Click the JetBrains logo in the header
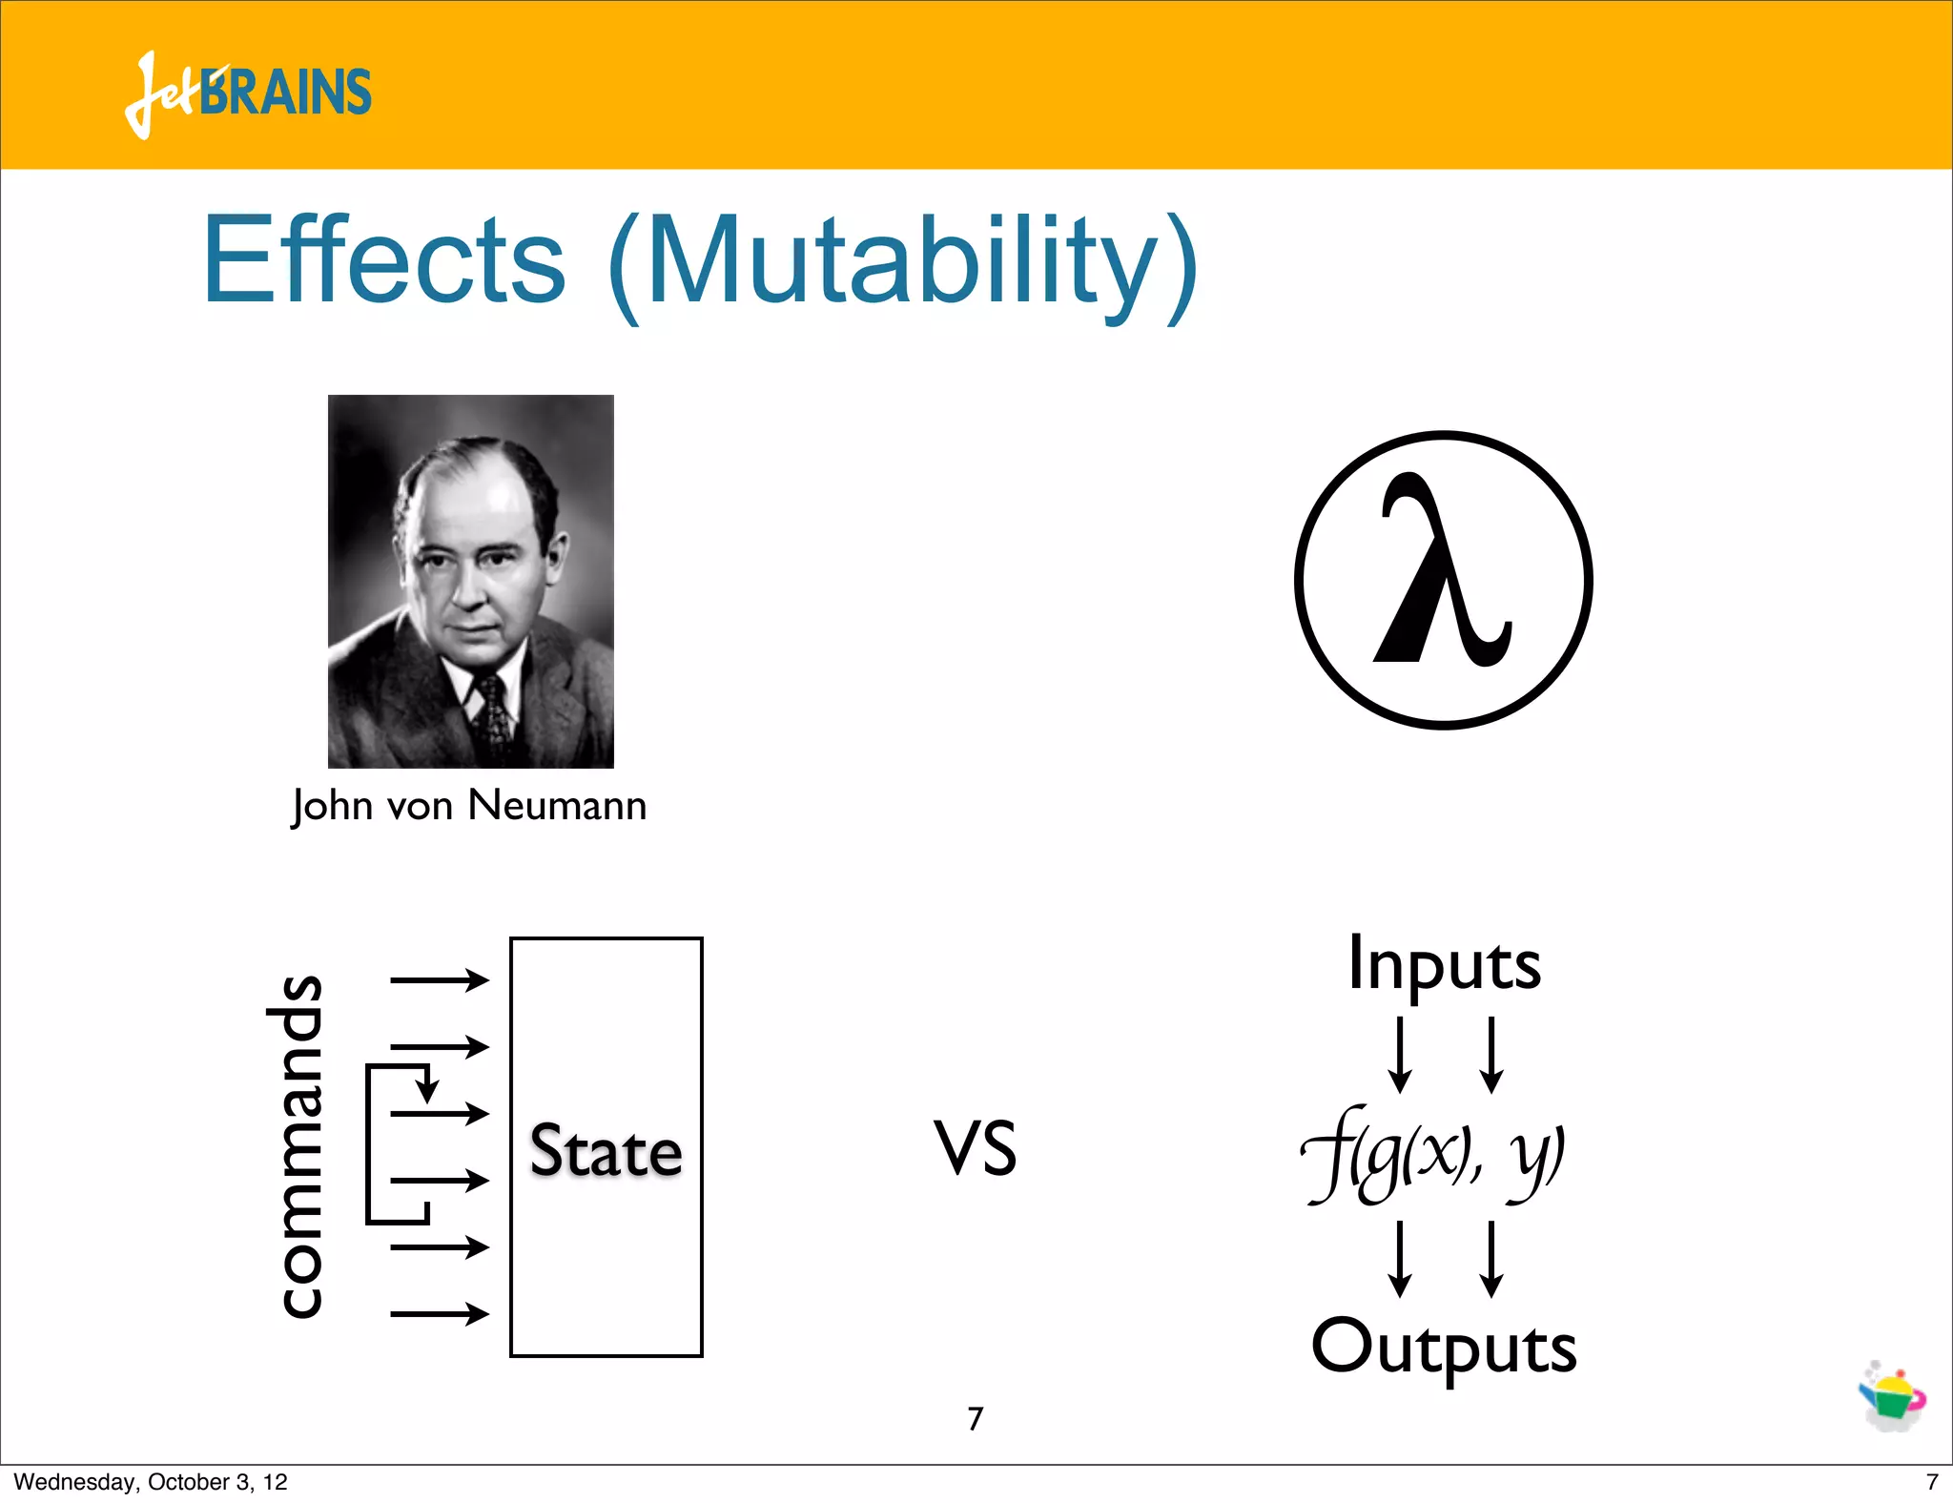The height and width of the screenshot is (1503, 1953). point(248,93)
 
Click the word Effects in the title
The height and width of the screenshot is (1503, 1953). point(384,259)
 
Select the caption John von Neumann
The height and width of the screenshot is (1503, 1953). point(469,806)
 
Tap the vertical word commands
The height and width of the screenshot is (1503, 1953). point(295,1147)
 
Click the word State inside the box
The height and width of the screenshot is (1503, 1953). point(606,1150)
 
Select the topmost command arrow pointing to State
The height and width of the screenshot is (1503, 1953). point(440,979)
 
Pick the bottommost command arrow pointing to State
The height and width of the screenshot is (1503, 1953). point(440,1314)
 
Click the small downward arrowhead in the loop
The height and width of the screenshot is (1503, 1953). point(427,1089)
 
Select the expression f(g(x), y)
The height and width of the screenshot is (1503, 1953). point(1432,1155)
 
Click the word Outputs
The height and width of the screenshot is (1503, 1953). point(1444,1348)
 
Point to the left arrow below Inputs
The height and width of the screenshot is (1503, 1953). point(1400,1055)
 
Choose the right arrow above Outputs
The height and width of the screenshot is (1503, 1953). point(1491,1259)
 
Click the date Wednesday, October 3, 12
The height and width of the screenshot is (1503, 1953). point(151,1482)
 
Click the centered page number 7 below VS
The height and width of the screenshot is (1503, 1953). point(975,1419)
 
